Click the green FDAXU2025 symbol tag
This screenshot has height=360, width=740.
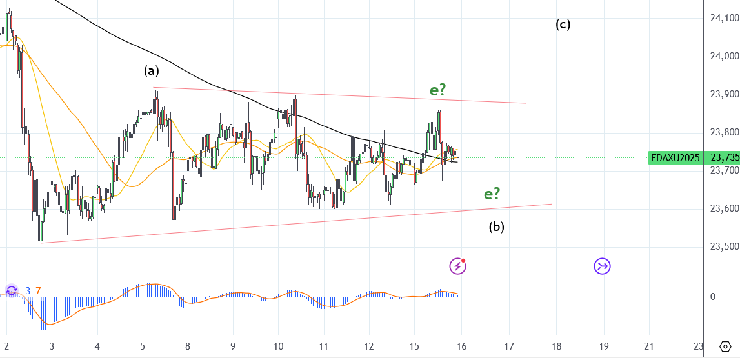click(x=675, y=157)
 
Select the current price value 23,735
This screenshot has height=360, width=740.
click(x=724, y=157)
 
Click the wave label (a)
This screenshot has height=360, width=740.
click(x=151, y=71)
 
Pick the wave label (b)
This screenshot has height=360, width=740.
click(x=496, y=226)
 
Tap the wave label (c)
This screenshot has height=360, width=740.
click(x=563, y=25)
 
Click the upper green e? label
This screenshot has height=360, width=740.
click(x=438, y=90)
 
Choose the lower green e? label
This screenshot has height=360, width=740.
click(x=492, y=194)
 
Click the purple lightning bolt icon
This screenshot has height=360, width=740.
click(x=457, y=265)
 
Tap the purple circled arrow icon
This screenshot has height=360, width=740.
click(x=603, y=266)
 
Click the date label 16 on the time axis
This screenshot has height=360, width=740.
click(x=462, y=346)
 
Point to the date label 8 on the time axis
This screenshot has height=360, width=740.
click(x=188, y=346)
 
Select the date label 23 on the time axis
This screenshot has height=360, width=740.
click(x=698, y=346)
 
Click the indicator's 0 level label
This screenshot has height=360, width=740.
click(x=712, y=297)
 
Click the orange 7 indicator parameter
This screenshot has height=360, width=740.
click(x=38, y=291)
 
